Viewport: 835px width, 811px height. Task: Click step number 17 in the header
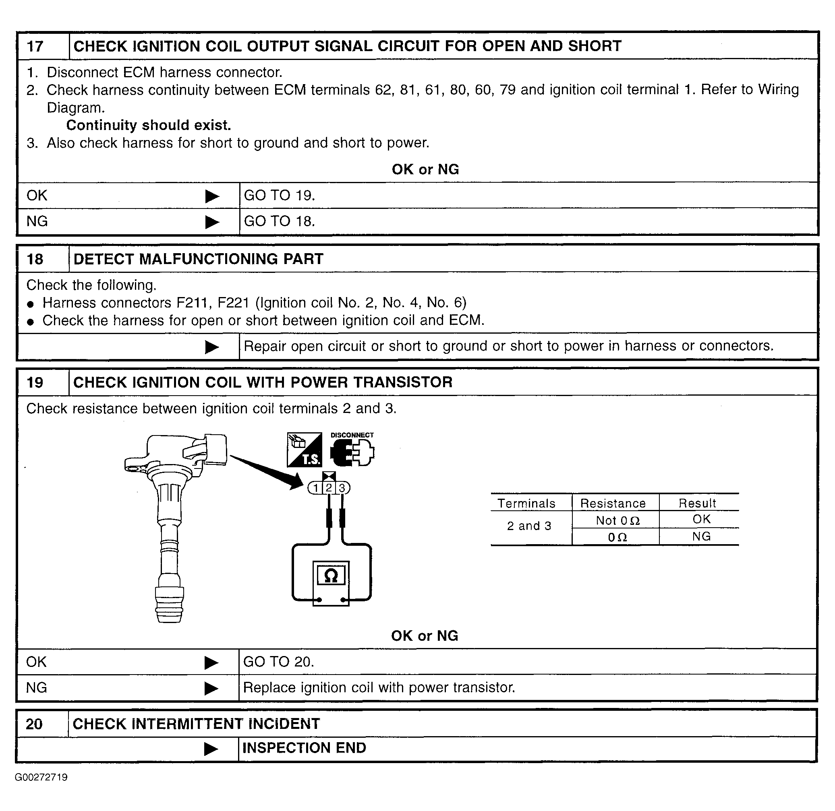tap(35, 46)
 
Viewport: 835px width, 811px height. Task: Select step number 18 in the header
tap(35, 259)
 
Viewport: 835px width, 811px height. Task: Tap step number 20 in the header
tap(34, 724)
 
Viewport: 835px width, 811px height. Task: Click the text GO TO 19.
tap(279, 196)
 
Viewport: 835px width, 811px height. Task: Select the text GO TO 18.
tap(279, 221)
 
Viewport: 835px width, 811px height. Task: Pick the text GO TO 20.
tap(278, 662)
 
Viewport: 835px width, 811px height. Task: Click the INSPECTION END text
tap(304, 747)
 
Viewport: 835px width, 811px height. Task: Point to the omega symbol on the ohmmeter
tap(331, 576)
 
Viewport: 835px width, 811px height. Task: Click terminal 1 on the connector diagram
tap(315, 488)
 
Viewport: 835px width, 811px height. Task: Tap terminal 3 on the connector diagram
tap(342, 488)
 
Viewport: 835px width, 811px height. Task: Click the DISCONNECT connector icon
tap(352, 452)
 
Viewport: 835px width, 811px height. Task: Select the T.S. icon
tap(305, 450)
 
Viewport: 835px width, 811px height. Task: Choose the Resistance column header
tap(613, 503)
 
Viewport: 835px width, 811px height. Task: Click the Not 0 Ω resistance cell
tap(617, 520)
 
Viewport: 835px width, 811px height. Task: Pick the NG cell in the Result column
tap(701, 536)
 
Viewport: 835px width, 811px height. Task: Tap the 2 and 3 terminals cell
tap(529, 526)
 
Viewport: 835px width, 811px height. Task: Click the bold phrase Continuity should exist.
tap(148, 125)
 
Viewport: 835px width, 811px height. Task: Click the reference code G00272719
tap(41, 777)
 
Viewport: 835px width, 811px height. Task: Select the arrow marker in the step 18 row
tap(212, 347)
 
